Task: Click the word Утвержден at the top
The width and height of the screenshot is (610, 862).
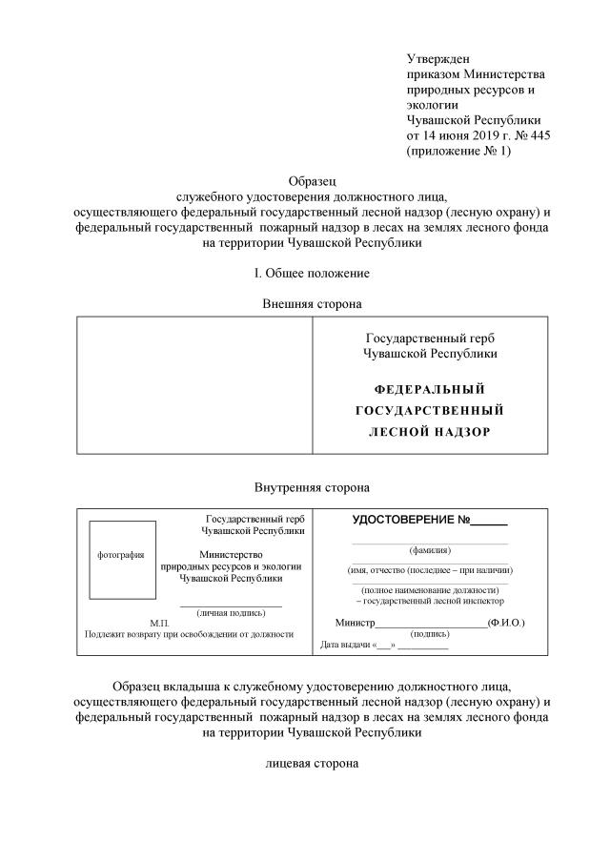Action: [438, 60]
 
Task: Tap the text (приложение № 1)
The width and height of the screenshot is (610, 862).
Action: [458, 151]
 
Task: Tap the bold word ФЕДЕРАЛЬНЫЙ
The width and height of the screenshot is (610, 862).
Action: [430, 390]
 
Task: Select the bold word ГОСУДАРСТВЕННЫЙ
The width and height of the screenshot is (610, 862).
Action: [429, 411]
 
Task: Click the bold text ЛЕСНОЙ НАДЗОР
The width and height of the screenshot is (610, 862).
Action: [429, 432]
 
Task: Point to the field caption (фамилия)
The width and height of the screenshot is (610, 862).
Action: [430, 550]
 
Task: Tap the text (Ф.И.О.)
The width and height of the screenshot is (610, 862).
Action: [505, 623]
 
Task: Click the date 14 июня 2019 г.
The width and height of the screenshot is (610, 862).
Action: [471, 135]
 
